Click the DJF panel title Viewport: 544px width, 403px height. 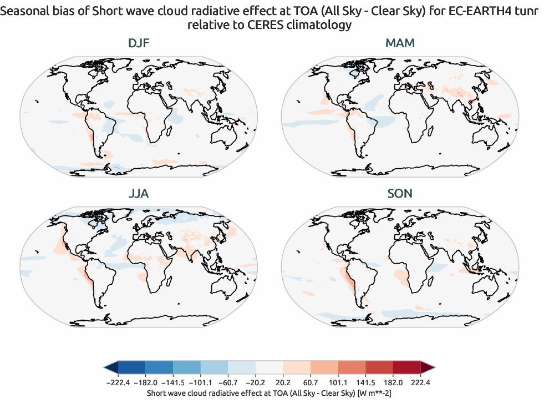click(139, 43)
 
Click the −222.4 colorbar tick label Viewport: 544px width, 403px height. click(118, 382)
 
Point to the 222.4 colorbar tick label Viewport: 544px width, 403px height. click(420, 382)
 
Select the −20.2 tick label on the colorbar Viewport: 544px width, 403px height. click(256, 382)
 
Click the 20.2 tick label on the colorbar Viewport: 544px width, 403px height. click(283, 382)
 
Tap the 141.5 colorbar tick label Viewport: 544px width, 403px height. click(365, 382)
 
